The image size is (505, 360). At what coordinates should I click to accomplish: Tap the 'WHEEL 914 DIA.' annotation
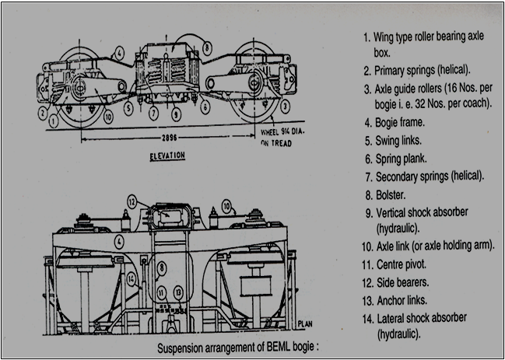[x=278, y=133]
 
